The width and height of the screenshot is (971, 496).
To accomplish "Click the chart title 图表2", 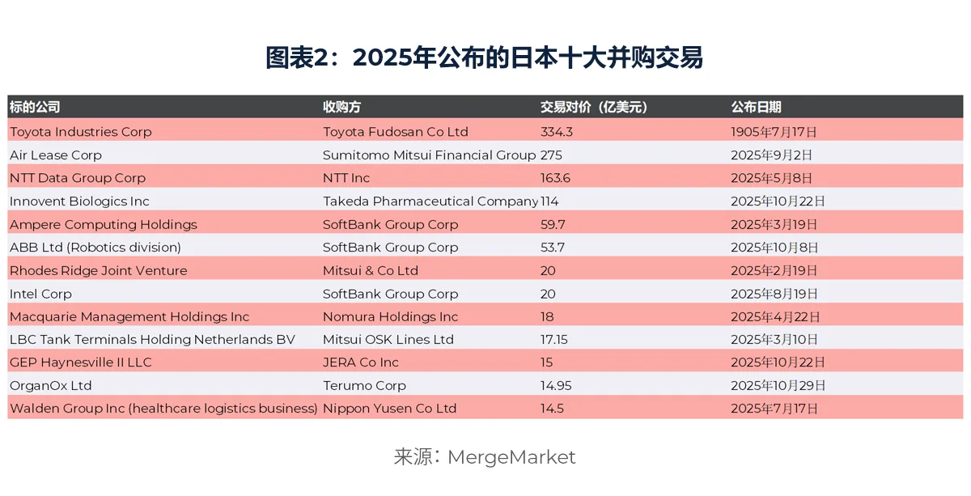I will pyautogui.click(x=484, y=58).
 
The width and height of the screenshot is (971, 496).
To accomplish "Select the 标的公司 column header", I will pyautogui.click(x=34, y=107).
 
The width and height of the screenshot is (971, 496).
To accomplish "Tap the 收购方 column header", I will pyautogui.click(x=341, y=107).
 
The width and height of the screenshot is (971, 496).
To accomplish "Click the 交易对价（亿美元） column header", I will pyautogui.click(x=594, y=107).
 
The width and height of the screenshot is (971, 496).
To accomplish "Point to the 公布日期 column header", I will pyautogui.click(x=756, y=107).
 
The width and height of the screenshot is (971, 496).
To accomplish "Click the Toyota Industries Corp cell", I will pyautogui.click(x=80, y=132).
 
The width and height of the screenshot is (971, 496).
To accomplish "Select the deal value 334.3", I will pyautogui.click(x=557, y=132).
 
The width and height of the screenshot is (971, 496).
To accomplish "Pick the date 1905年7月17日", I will pyautogui.click(x=774, y=132).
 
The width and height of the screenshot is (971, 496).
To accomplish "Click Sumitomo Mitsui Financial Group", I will pyautogui.click(x=429, y=155).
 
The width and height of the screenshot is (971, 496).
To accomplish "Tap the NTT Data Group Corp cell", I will pyautogui.click(x=78, y=178).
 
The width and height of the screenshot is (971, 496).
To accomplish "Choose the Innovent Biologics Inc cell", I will pyautogui.click(x=79, y=201).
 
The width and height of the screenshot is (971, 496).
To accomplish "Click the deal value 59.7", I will pyautogui.click(x=553, y=224).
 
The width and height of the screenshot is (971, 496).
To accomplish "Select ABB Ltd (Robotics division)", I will pyautogui.click(x=95, y=248).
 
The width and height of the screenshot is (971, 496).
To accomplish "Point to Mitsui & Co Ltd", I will pyautogui.click(x=371, y=270).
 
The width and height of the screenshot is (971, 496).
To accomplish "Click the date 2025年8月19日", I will pyautogui.click(x=774, y=294).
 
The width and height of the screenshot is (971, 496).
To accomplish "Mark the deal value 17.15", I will pyautogui.click(x=554, y=340).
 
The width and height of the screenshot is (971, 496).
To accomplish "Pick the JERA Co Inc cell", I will pyautogui.click(x=361, y=362).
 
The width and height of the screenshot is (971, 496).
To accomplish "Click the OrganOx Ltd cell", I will pyautogui.click(x=50, y=386).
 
